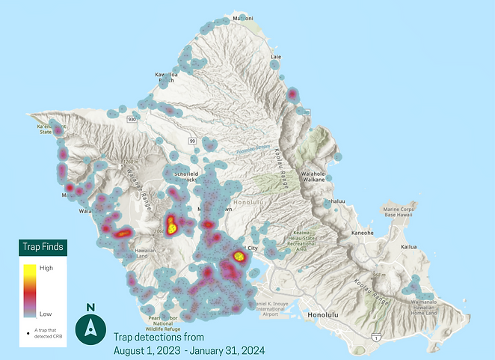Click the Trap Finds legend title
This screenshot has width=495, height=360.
click(x=42, y=246)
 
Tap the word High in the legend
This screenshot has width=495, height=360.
click(x=46, y=267)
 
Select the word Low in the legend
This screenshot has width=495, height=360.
click(x=46, y=315)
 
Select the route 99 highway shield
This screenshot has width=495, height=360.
click(x=192, y=141)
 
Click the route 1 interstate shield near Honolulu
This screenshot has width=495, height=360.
click(x=372, y=338)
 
